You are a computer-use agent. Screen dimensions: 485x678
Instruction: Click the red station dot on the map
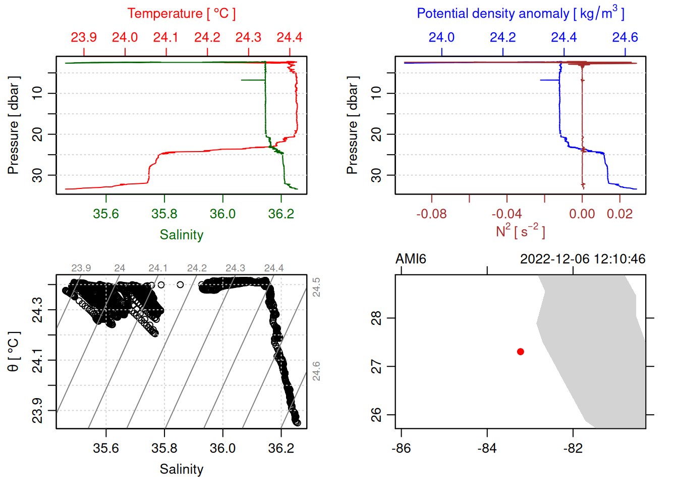coord(520,352)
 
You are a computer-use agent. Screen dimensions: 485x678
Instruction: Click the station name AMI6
coord(411,259)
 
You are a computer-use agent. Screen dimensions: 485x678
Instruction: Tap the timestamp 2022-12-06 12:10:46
coord(583,259)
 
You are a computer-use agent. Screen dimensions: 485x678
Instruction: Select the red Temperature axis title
coord(182,14)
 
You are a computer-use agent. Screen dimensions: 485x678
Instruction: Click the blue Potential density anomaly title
coord(520,14)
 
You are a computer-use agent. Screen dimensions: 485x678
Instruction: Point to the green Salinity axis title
coord(182,235)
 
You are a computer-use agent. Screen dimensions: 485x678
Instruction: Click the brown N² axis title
coord(520,231)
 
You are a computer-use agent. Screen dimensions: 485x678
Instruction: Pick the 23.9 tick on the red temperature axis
coord(84,37)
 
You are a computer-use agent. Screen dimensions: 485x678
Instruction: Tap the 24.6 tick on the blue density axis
coord(625,37)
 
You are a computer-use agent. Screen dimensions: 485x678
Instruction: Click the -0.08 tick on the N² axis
coord(431,214)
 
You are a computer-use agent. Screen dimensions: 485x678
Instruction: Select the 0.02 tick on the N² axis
coord(619,214)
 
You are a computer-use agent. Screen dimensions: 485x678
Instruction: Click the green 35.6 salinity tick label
coord(106,214)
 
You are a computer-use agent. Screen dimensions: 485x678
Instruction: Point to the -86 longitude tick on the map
coord(401,449)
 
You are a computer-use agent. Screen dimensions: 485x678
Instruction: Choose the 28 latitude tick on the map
coord(376,318)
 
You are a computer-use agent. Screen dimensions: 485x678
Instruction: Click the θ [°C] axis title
coord(14,352)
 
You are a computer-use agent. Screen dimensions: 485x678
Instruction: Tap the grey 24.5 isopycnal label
coord(316,287)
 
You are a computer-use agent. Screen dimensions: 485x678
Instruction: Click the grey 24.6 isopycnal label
coord(316,371)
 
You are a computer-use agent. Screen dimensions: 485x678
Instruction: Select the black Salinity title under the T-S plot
coord(182,469)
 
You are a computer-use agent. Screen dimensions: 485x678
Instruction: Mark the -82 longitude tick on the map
coord(573,449)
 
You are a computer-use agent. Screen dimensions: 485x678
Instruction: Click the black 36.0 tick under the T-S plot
coord(223,449)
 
